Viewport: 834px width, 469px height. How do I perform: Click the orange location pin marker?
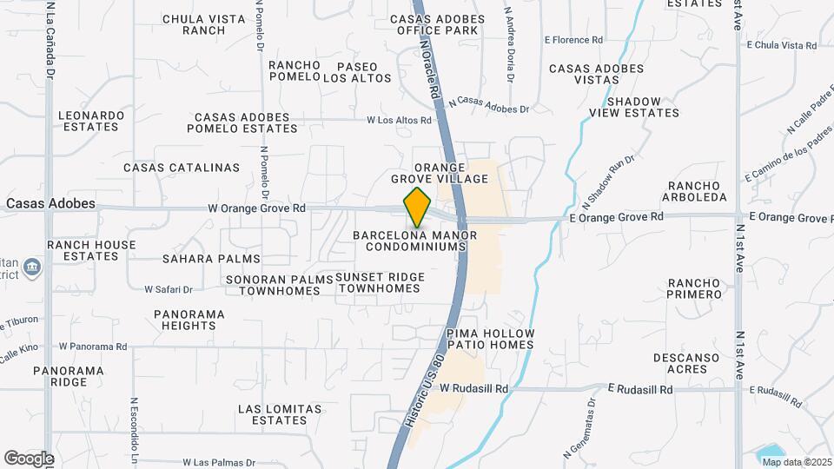point(418,208)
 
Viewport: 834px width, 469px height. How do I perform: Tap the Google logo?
point(29,458)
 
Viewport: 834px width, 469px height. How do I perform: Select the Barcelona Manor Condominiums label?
point(410,241)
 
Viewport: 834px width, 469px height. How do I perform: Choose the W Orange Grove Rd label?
point(256,208)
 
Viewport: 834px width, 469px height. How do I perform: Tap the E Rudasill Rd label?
point(640,390)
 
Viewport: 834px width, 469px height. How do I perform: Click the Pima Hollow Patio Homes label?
point(490,339)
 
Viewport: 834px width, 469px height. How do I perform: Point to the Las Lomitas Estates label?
point(280,414)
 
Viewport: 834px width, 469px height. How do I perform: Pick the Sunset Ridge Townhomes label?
point(380,282)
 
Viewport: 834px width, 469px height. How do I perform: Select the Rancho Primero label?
point(694,288)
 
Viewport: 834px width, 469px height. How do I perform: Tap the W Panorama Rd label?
point(93,347)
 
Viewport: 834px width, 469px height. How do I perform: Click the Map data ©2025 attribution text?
point(796,461)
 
